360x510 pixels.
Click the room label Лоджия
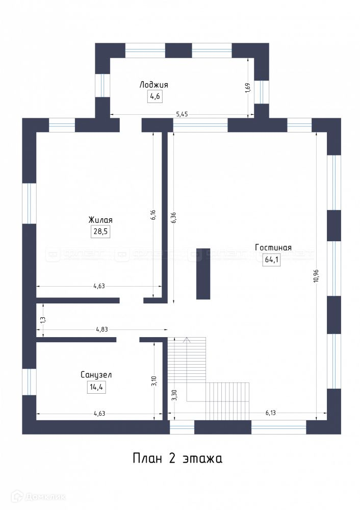click(x=153, y=85)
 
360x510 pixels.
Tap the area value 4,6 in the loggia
click(x=153, y=96)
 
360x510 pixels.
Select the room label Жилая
click(x=100, y=220)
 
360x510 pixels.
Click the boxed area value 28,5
click(x=100, y=232)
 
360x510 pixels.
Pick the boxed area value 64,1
click(x=273, y=259)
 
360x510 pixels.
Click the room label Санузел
click(x=96, y=375)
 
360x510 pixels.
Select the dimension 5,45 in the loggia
click(x=182, y=114)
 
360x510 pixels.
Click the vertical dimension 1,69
click(x=247, y=88)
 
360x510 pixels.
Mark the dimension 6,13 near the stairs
click(x=273, y=415)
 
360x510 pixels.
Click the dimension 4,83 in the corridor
click(x=102, y=329)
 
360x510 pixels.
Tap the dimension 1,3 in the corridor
click(x=43, y=320)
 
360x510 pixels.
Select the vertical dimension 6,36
click(x=173, y=217)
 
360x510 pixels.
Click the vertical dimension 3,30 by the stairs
click(x=174, y=395)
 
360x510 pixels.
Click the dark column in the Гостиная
click(x=203, y=273)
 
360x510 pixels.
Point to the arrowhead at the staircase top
click(x=187, y=339)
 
